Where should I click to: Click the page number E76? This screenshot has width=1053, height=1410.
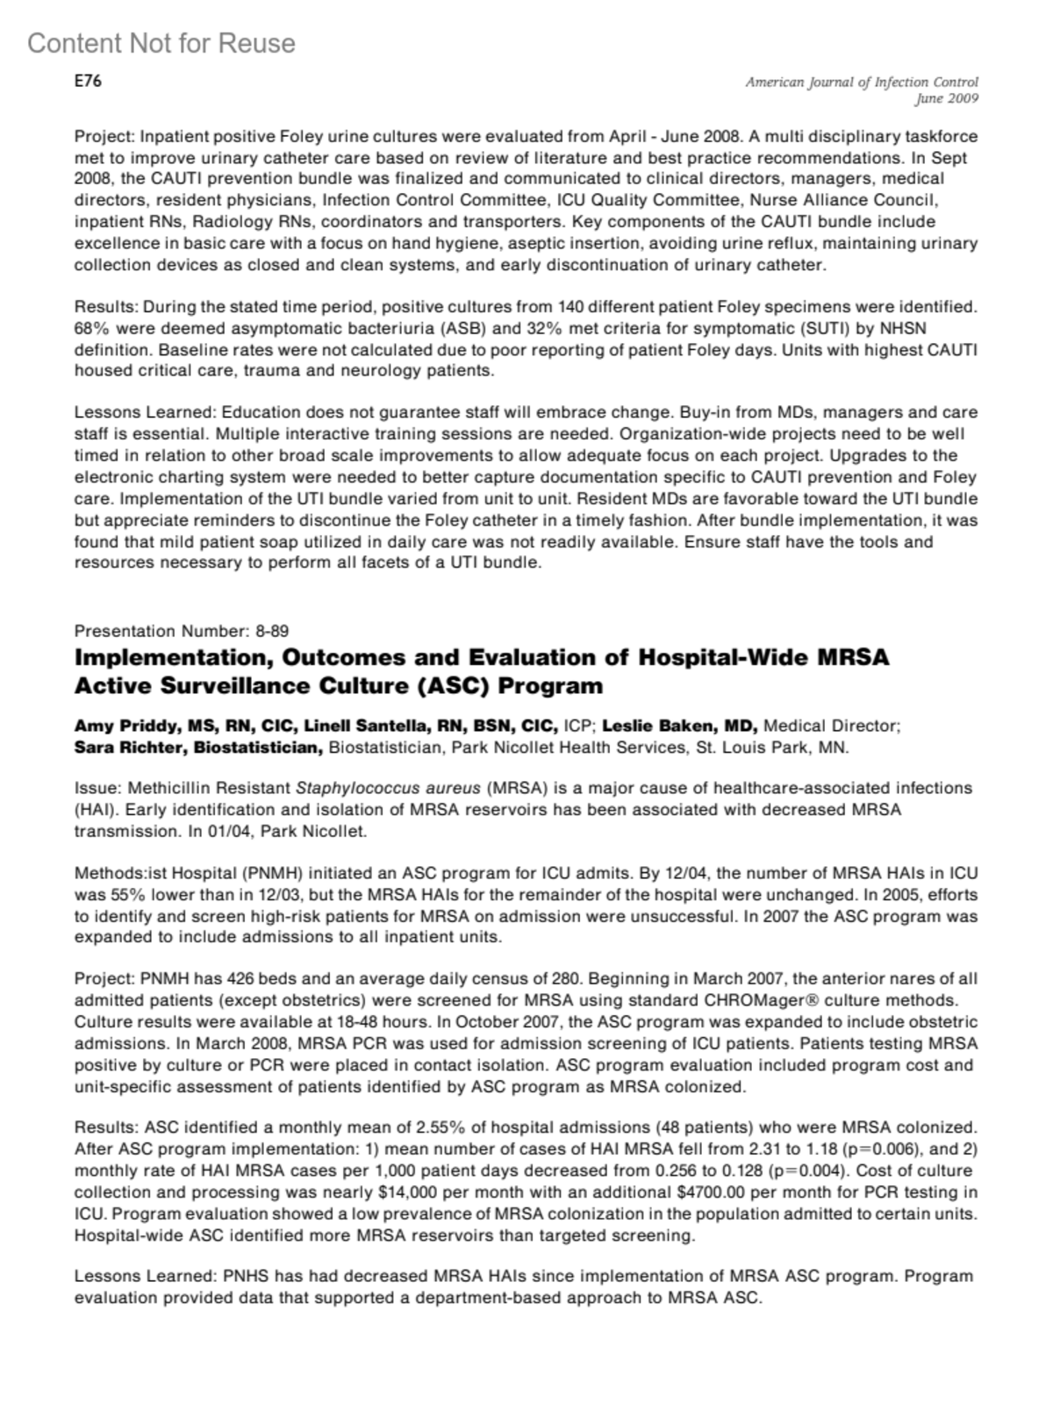[88, 82]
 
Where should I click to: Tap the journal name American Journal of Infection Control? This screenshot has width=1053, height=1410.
[862, 82]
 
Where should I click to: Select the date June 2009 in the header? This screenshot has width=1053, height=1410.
[947, 99]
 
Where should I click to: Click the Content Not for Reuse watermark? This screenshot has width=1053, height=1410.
[161, 43]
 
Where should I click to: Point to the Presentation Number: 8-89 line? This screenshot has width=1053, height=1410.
[182, 631]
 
